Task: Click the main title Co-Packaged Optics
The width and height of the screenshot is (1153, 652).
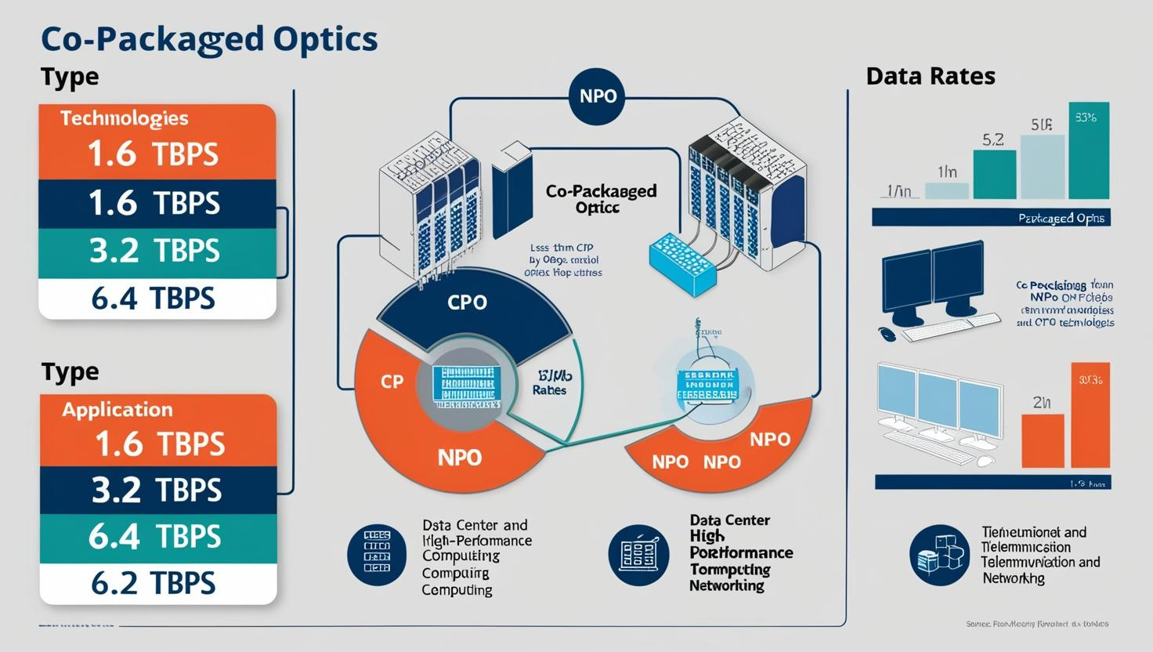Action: pyautogui.click(x=208, y=39)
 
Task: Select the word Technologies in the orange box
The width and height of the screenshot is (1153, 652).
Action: pyautogui.click(x=124, y=118)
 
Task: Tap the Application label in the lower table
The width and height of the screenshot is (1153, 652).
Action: pyautogui.click(x=117, y=410)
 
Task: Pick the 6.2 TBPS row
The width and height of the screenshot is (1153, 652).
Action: pyautogui.click(x=153, y=583)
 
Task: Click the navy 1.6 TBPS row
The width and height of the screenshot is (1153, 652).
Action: pyautogui.click(x=153, y=204)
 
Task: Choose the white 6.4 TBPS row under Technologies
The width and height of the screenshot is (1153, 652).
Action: pyautogui.click(x=153, y=299)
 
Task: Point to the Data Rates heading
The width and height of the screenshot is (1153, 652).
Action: pyautogui.click(x=931, y=76)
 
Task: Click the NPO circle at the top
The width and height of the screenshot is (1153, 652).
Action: pyautogui.click(x=598, y=96)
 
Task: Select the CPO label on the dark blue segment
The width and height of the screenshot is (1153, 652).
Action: pyautogui.click(x=467, y=302)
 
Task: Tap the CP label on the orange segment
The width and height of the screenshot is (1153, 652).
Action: pyautogui.click(x=392, y=382)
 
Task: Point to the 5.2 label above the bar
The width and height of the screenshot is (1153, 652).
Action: pyautogui.click(x=992, y=140)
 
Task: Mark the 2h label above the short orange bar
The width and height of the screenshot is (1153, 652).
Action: pyautogui.click(x=1042, y=403)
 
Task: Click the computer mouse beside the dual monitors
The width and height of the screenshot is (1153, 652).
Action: pyautogui.click(x=886, y=334)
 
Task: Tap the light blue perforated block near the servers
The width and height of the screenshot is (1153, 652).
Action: pyautogui.click(x=682, y=262)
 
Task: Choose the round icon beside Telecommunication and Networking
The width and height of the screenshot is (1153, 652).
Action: pyautogui.click(x=939, y=555)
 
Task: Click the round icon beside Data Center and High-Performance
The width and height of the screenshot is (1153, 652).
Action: pyautogui.click(x=377, y=555)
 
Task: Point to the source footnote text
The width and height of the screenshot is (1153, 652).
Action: pyautogui.click(x=1037, y=624)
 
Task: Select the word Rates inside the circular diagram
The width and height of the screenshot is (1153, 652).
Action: pyautogui.click(x=549, y=390)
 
